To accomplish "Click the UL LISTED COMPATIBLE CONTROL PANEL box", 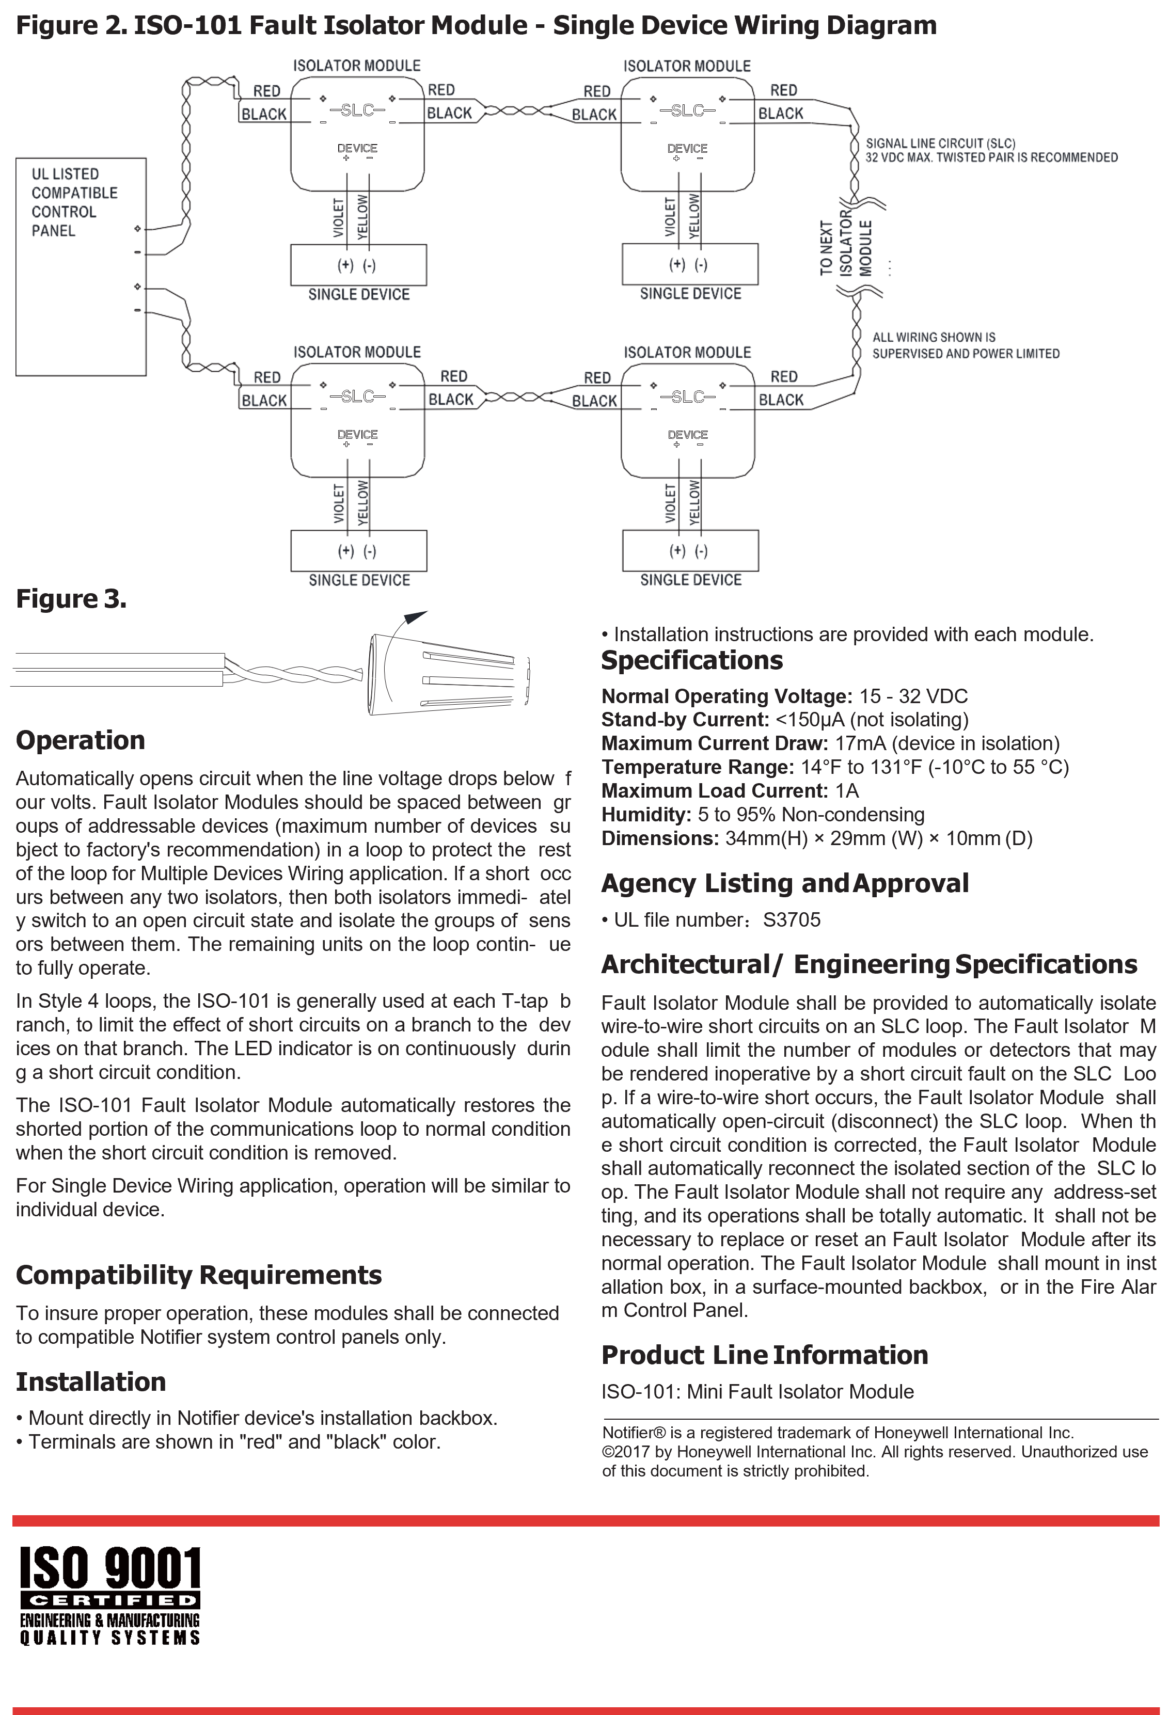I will point(81,266).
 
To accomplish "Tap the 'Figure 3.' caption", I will point(72,598).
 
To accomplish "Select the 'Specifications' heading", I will point(691,660).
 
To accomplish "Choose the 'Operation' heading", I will point(81,740).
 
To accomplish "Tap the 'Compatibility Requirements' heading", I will point(198,1275).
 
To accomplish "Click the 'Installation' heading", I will point(91,1381).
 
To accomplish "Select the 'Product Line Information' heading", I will point(765,1355).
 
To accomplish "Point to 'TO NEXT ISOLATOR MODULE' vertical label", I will point(846,248).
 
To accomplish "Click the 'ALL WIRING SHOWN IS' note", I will point(934,337).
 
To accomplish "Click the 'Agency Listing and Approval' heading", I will point(784,883).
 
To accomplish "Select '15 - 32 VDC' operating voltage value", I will point(913,696).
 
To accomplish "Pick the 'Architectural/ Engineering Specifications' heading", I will point(868,964).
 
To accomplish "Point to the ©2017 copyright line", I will point(875,1452).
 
